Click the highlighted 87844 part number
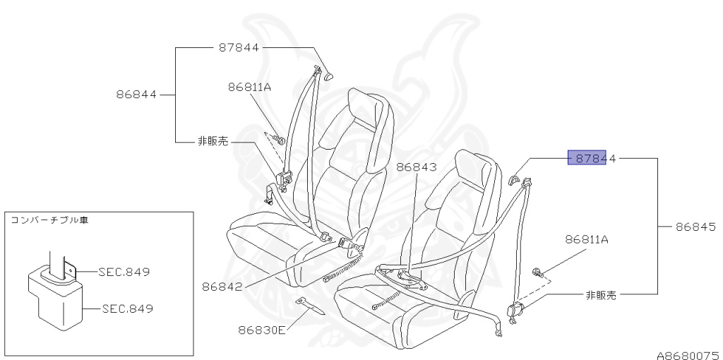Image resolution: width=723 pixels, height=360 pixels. (x=592, y=159)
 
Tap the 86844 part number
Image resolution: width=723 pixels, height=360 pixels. (x=137, y=93)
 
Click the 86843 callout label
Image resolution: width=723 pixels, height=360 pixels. (x=417, y=167)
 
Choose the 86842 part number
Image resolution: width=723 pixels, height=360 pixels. (x=222, y=287)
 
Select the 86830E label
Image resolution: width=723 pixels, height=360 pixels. (x=261, y=329)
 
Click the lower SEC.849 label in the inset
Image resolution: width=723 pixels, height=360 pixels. (x=126, y=308)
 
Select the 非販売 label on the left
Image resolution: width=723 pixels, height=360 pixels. (x=215, y=141)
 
